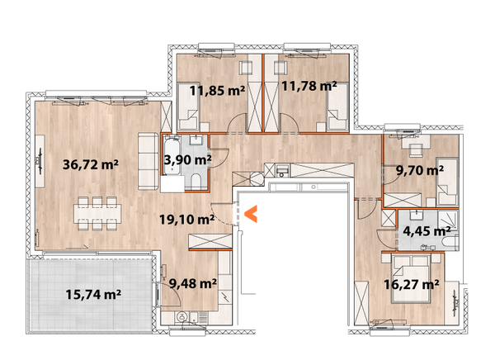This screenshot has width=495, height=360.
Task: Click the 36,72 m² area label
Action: pos(91,163)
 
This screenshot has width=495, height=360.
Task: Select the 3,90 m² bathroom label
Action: pos(187,159)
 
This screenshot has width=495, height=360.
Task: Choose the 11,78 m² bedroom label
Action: pos(309,84)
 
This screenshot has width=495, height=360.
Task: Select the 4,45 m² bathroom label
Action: pos(425,230)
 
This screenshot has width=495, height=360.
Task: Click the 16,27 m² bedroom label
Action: pos(410,284)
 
